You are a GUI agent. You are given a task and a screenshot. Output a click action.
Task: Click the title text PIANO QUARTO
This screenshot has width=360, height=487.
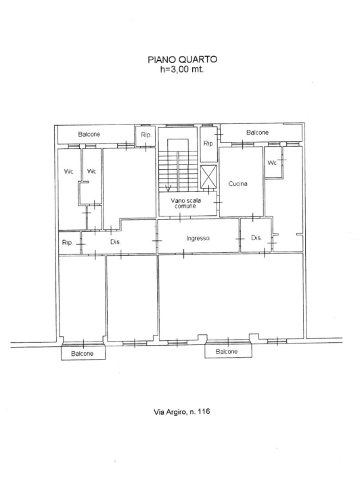(182, 60)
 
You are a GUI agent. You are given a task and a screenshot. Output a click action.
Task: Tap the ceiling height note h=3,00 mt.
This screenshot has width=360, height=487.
(182, 69)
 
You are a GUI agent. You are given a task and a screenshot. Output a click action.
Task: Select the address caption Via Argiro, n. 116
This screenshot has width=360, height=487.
(182, 412)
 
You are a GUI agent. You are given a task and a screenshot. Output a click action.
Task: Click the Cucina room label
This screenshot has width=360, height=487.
(238, 183)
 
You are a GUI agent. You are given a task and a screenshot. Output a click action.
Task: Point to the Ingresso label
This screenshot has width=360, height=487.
(198, 238)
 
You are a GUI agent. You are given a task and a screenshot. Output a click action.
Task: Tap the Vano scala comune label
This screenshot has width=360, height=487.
(185, 203)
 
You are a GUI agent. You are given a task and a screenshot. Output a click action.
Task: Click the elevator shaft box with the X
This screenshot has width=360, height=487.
(208, 177)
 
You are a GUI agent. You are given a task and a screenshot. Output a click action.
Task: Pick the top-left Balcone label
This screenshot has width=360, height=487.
(89, 134)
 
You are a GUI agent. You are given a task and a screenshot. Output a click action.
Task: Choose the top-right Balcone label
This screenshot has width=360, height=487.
(258, 133)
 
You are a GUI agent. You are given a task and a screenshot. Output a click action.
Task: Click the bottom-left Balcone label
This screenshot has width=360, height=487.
(83, 354)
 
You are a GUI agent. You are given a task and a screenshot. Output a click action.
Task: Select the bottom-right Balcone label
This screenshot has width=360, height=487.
(227, 352)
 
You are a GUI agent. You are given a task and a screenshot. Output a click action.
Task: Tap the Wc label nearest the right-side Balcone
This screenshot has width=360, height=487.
(272, 163)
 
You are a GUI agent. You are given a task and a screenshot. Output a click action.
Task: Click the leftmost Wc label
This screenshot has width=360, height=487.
(68, 171)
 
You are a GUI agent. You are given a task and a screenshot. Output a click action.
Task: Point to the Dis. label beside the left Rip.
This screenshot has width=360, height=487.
(115, 241)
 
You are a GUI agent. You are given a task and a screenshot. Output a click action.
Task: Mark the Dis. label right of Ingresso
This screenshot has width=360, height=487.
(256, 238)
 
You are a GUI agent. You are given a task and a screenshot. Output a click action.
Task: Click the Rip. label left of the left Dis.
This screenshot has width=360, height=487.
(67, 242)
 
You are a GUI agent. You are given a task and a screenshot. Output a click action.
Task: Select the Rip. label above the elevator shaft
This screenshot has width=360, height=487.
(208, 143)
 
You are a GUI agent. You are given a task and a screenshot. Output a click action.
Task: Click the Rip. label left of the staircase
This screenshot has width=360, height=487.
(146, 135)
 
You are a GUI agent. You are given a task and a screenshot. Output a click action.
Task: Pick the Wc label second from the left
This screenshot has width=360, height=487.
(91, 171)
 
